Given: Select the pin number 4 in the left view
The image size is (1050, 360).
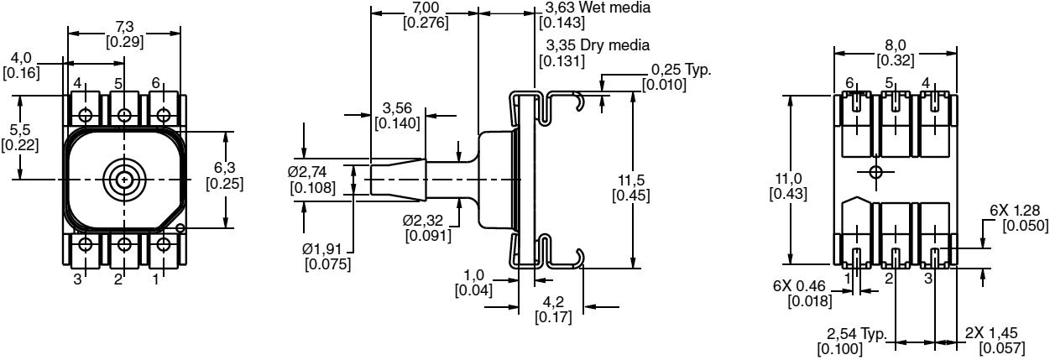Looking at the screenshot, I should pyautogui.click(x=77, y=83).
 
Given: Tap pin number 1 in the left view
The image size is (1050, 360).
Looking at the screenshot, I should pyautogui.click(x=156, y=279).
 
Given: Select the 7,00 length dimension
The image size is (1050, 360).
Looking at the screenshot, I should pyautogui.click(x=425, y=8).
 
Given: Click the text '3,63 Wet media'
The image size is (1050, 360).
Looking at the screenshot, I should pyautogui.click(x=597, y=8).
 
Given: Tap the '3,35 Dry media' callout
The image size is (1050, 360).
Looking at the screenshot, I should pyautogui.click(x=597, y=44).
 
